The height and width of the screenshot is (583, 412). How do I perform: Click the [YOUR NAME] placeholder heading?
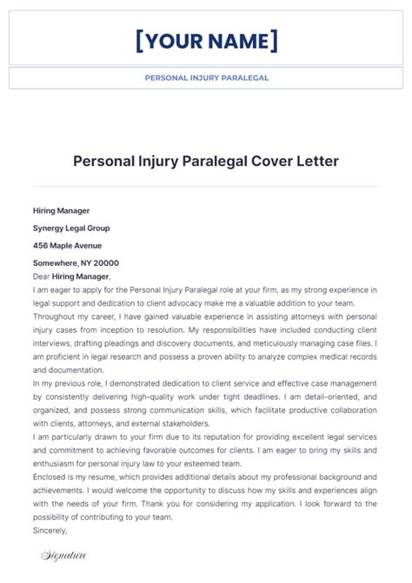click(x=206, y=40)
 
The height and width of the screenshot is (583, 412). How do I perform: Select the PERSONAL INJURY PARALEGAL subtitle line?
click(x=206, y=77)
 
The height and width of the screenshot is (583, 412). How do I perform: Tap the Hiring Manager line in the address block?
click(x=61, y=210)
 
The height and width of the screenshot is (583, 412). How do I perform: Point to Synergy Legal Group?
click(x=71, y=228)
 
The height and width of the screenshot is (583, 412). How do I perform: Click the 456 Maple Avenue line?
click(x=67, y=245)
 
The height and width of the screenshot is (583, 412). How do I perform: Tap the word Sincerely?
click(x=50, y=529)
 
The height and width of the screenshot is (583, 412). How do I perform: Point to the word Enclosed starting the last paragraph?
click(x=50, y=477)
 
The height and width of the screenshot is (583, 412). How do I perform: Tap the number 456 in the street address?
click(x=40, y=245)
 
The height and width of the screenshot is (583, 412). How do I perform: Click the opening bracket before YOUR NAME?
click(x=140, y=40)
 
